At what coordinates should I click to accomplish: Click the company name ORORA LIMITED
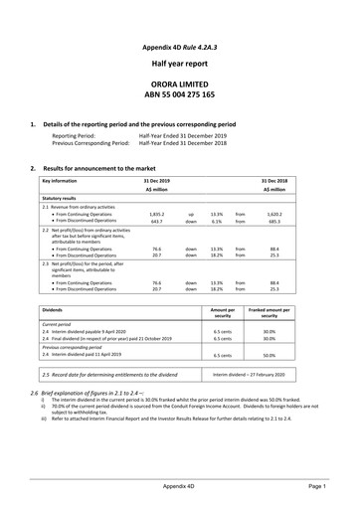point(180,86)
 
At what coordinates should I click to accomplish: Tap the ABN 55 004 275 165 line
point(180,101)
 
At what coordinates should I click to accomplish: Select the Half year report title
point(180,64)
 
